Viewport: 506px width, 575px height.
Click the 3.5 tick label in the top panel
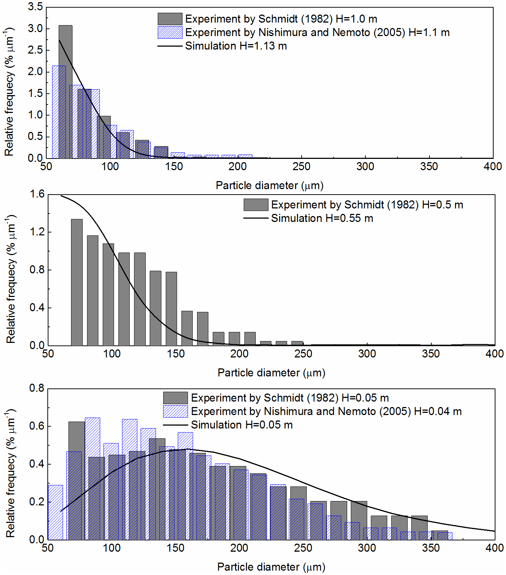[35, 7]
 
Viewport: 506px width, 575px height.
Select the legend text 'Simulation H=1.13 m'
[236, 46]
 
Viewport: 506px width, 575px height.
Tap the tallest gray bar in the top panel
[66, 91]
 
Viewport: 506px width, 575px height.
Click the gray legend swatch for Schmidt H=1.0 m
[170, 19]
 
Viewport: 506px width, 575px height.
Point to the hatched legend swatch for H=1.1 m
[170, 32]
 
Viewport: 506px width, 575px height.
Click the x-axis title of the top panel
[270, 185]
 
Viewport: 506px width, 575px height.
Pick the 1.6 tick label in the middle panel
[37, 194]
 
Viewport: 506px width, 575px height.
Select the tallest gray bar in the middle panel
[77, 282]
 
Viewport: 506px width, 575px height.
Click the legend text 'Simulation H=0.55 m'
[322, 218]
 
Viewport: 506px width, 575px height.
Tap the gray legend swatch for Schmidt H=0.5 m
[256, 205]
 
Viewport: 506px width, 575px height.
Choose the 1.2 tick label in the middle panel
[37, 232]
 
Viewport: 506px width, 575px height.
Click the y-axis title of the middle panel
[11, 279]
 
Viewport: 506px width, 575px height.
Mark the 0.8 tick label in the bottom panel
[37, 388]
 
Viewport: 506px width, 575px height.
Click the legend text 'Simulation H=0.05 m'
[242, 425]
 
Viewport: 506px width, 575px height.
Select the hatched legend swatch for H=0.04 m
[175, 411]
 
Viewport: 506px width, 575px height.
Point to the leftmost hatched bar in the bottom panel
[55, 512]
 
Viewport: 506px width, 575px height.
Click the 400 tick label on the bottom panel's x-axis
[494, 548]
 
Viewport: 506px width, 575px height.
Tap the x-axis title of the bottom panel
[271, 567]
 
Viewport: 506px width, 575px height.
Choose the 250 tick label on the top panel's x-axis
[301, 167]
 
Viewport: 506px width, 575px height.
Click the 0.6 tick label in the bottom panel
[37, 426]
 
